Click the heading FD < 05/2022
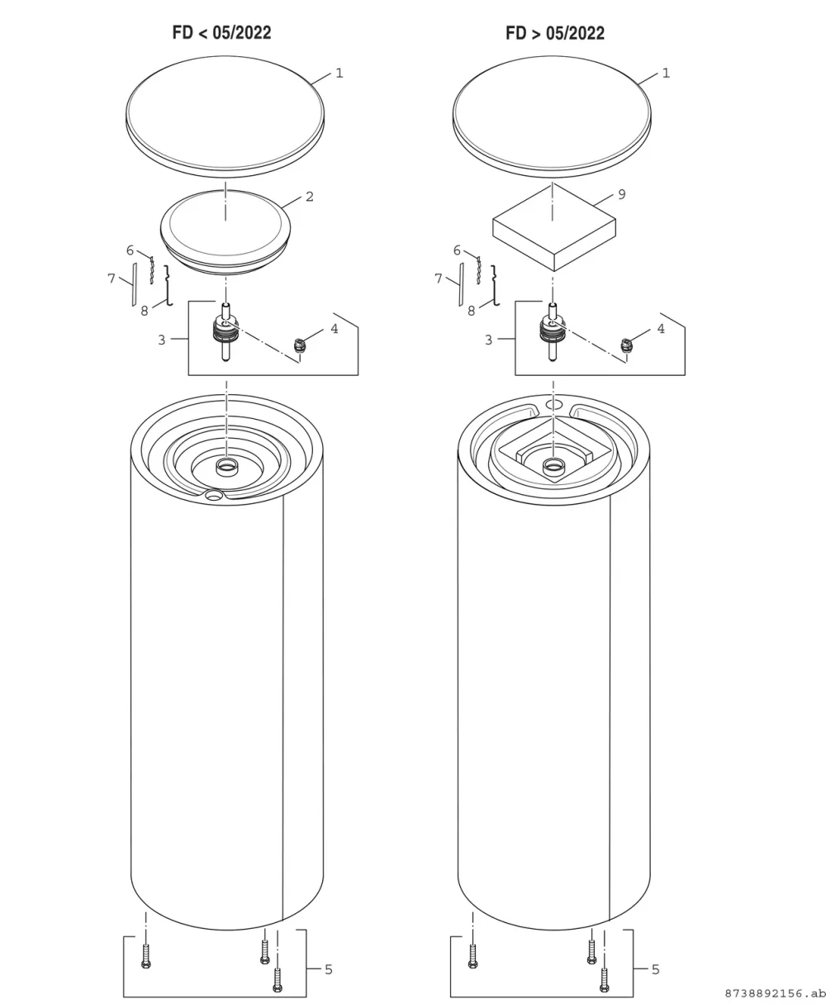coord(221,33)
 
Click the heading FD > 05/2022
coord(555,33)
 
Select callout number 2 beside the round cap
coord(310,197)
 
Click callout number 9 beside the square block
coord(622,194)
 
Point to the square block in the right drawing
coord(554,227)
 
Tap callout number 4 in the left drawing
coord(335,329)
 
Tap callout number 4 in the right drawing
coord(661,329)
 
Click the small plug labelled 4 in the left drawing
coord(299,345)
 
